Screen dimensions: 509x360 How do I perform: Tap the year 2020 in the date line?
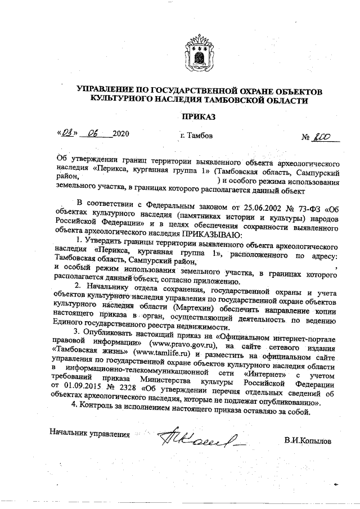pyautogui.click(x=121, y=134)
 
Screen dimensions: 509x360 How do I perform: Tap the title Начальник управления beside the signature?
pyautogui.click(x=89, y=434)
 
